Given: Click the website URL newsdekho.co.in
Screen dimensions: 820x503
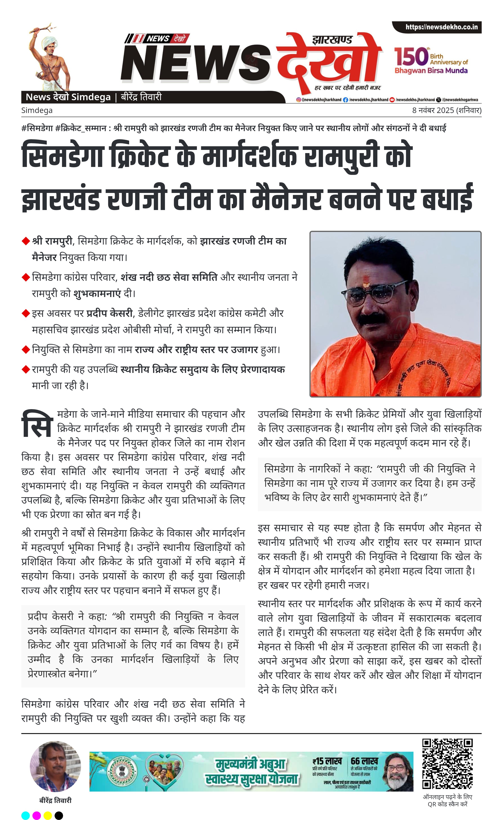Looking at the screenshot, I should click(441, 27).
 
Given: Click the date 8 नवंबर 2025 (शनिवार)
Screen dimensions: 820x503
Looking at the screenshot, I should click(447, 110).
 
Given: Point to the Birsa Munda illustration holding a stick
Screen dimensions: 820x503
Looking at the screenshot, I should click(50, 57).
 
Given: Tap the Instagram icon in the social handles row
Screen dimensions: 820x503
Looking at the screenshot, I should click(299, 100).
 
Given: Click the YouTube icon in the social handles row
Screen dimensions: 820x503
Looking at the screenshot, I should click(392, 100).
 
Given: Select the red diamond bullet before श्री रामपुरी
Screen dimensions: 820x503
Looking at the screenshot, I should click(26, 241).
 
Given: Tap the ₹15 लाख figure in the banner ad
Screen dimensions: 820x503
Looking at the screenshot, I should click(327, 761).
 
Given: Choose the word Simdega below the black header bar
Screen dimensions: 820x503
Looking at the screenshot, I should click(37, 110).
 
